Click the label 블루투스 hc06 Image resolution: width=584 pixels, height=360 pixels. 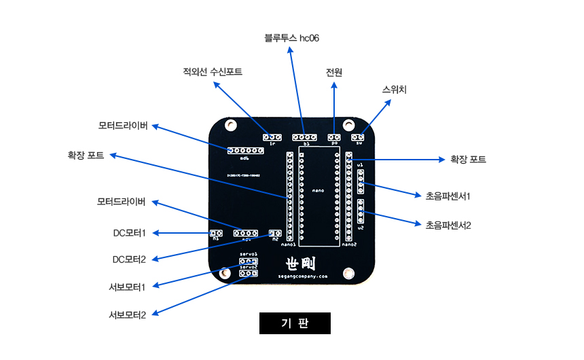click(x=291, y=38)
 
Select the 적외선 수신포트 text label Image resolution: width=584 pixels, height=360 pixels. click(x=212, y=71)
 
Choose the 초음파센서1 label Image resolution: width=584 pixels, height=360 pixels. click(x=448, y=196)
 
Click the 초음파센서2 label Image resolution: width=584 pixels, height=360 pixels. click(x=448, y=224)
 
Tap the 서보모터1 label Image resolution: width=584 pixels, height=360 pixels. click(x=129, y=287)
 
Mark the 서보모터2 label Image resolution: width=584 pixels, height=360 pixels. click(x=129, y=314)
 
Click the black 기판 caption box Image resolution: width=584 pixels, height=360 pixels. click(x=295, y=323)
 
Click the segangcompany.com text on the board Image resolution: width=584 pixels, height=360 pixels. click(x=302, y=276)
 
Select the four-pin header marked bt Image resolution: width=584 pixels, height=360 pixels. click(x=305, y=137)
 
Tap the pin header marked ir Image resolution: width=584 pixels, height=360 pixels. click(x=272, y=137)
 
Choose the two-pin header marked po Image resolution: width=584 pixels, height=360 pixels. click(x=334, y=137)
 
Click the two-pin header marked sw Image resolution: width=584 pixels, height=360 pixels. click(x=358, y=137)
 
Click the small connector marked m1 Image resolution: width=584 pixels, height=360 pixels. click(x=216, y=233)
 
